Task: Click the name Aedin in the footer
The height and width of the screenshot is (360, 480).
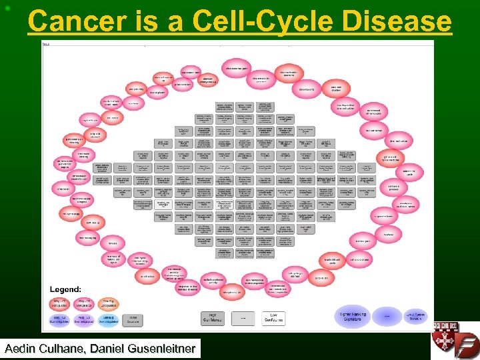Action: [25, 348]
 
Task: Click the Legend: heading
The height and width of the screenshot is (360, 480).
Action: [65, 289]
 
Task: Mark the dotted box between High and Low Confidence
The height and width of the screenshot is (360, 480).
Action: [243, 318]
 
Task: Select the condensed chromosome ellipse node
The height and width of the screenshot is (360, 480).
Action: [373, 112]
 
